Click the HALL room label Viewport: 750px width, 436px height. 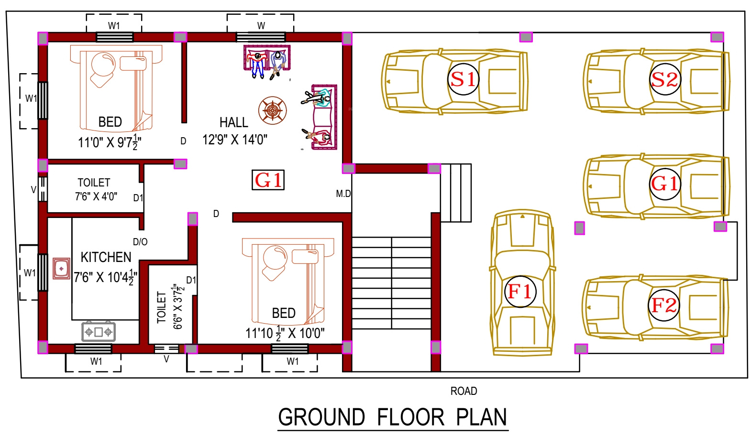pos(234,122)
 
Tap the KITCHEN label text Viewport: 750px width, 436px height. pos(106,257)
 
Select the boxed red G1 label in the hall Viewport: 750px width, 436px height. pos(268,180)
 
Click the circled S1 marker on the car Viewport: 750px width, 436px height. pos(463,79)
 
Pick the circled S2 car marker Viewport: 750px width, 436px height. pos(665,79)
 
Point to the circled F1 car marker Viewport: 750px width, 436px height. pos(520,292)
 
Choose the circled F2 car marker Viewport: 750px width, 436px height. pos(663,305)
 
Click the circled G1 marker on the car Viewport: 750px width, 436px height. pos(665,184)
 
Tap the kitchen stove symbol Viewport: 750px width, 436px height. pos(99,332)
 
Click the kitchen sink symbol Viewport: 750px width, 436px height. pos(61,268)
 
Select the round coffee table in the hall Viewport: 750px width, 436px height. pos(273,110)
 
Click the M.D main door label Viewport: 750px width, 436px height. pos(343,194)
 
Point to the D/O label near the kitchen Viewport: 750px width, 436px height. pos(140,241)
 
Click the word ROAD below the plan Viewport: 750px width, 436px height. pos(464,391)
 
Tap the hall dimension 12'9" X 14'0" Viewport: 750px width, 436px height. pos(235,140)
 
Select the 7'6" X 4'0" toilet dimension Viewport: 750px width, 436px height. pos(96,196)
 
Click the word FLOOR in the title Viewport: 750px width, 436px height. pos(411,417)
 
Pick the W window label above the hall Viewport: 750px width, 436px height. pos(261,26)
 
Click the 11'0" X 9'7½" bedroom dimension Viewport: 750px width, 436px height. pos(110,142)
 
